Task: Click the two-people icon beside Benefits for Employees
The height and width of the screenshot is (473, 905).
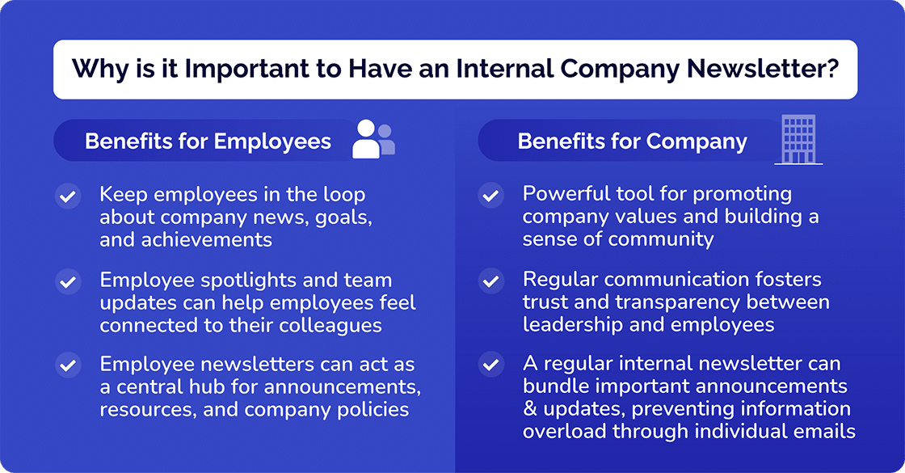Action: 373,139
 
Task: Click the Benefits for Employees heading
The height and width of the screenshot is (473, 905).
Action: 208,141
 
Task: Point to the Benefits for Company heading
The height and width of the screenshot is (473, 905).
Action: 632,141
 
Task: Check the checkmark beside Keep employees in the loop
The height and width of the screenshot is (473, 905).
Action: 68,196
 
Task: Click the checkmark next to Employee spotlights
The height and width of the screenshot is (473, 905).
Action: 68,281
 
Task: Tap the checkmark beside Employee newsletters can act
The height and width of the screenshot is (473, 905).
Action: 68,365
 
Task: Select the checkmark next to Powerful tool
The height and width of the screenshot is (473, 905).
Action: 490,196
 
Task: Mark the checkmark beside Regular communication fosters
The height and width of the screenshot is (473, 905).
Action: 490,281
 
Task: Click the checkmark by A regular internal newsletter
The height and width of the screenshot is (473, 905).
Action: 490,365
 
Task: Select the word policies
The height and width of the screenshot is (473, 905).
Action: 373,409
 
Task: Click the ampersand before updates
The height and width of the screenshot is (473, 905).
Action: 529,409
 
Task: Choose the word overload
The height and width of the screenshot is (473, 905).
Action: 563,431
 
